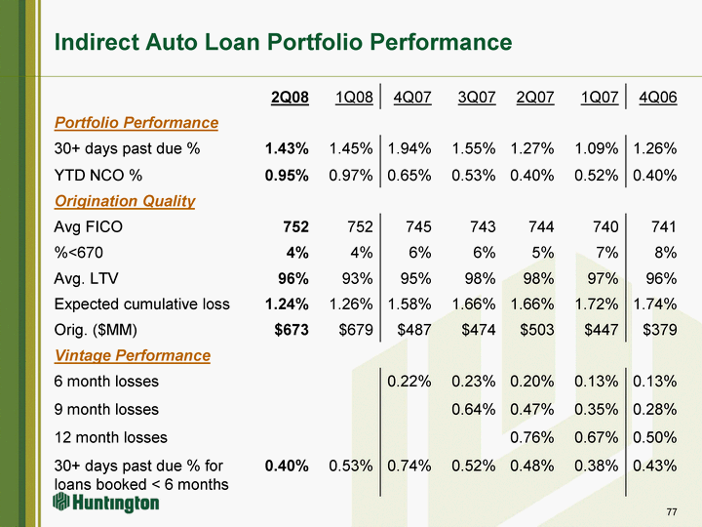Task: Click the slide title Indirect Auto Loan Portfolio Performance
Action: (283, 43)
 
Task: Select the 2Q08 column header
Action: (290, 98)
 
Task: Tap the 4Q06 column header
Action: (657, 98)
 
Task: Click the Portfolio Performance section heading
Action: (136, 123)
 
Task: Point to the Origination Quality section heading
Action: (125, 201)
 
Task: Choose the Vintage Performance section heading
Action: (132, 355)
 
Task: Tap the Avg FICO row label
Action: (89, 226)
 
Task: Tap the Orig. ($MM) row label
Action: (101, 330)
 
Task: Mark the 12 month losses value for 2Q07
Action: (532, 437)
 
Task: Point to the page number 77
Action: (671, 511)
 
